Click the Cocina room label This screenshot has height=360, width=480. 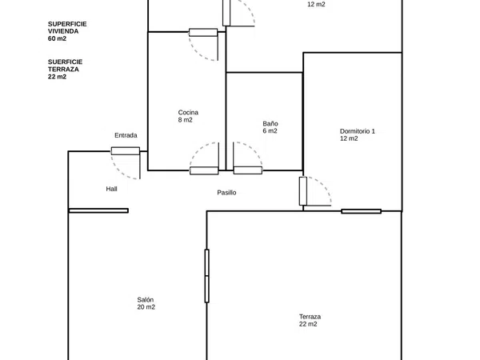(x=188, y=112)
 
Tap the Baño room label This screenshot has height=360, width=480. (x=270, y=124)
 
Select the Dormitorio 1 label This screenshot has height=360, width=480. (x=358, y=131)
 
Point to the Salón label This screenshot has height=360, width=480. (x=145, y=300)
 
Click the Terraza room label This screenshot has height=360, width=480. (x=310, y=317)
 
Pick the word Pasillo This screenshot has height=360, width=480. (x=226, y=193)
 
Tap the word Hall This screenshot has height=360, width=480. (x=111, y=189)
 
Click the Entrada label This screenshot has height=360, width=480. (x=126, y=135)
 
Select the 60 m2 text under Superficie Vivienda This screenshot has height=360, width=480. (x=57, y=38)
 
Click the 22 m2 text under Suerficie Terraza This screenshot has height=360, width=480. (x=57, y=77)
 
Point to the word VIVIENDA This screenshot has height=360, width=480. (x=63, y=31)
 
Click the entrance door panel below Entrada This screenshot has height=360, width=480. (x=126, y=151)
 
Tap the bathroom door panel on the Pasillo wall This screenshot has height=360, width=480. (x=248, y=170)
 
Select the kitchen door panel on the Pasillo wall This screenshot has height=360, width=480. (x=204, y=171)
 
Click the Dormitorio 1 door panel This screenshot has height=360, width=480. (x=303, y=191)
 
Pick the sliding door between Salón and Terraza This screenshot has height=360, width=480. (x=207, y=276)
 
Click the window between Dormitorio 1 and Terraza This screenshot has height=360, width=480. (x=362, y=211)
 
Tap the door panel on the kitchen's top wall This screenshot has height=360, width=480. (x=203, y=33)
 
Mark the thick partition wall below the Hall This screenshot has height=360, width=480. (x=98, y=210)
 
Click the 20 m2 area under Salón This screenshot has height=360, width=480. (x=146, y=307)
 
